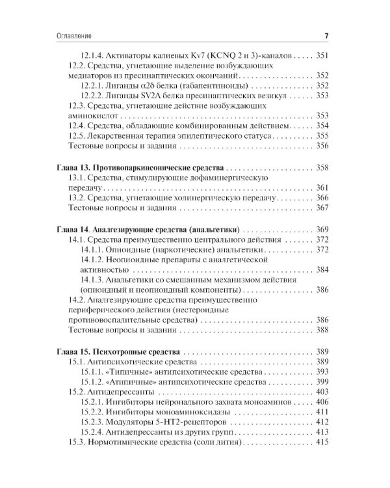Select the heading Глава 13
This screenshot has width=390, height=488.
click(71, 167)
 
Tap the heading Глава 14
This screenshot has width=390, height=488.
click(71, 230)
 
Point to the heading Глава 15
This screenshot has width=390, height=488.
click(71, 351)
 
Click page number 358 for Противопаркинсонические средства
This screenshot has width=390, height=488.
click(322, 167)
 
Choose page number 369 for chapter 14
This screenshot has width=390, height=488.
click(322, 230)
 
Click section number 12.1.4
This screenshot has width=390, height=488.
click(96, 56)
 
